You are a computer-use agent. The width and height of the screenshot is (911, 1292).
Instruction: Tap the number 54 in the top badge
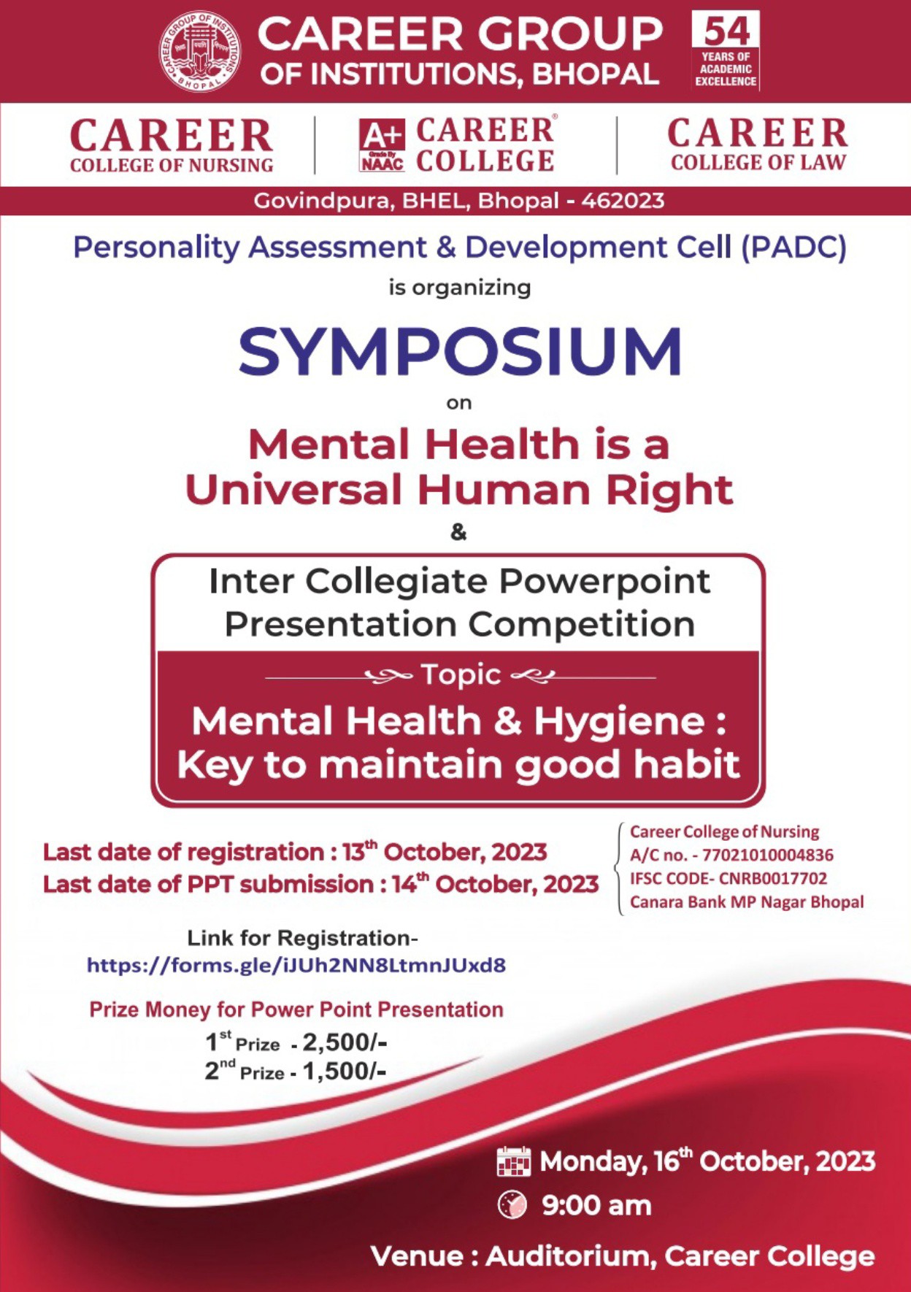coord(726,31)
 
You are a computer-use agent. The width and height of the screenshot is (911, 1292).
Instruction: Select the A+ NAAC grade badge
coord(382,146)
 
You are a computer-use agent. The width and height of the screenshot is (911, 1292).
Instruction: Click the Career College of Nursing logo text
coord(172,146)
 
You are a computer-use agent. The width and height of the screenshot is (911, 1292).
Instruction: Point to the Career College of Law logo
coord(758,145)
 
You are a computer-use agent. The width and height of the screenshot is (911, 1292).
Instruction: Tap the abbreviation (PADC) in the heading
coord(794,247)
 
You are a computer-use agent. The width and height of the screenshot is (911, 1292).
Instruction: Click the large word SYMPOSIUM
coord(460,352)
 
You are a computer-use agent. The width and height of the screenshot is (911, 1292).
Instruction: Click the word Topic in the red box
coord(461,675)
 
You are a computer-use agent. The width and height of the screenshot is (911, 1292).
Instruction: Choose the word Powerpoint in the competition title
coord(604,582)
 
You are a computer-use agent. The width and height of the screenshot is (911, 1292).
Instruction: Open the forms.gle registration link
coord(296,965)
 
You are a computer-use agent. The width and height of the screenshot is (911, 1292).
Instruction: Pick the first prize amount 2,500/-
coord(345,1042)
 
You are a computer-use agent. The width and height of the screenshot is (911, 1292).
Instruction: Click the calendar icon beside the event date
coord(513,1161)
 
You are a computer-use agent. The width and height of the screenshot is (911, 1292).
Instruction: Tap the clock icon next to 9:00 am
coord(512,1205)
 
